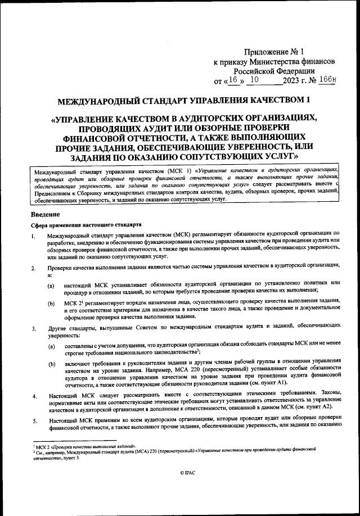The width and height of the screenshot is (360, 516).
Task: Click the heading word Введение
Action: (x=48, y=214)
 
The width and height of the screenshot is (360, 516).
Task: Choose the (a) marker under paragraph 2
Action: (x=51, y=286)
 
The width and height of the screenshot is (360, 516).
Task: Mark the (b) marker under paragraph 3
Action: (x=51, y=365)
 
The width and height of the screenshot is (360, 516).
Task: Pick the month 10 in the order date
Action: (x=255, y=80)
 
